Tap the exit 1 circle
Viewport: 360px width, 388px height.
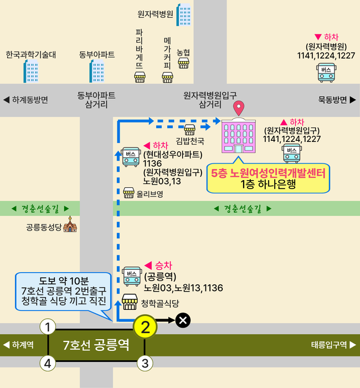49,327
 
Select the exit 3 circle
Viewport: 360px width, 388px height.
145,364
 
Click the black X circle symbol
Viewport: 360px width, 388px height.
183,320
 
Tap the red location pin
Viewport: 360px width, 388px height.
239,108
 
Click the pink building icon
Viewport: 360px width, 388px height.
239,136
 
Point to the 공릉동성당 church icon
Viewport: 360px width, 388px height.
70,226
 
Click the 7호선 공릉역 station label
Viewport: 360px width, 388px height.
96,345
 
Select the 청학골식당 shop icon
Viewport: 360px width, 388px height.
130,302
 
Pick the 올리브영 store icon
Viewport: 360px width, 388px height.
129,193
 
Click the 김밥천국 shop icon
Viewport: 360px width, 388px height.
189,130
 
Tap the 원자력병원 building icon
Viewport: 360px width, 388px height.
183,14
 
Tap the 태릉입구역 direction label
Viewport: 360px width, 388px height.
333,345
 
